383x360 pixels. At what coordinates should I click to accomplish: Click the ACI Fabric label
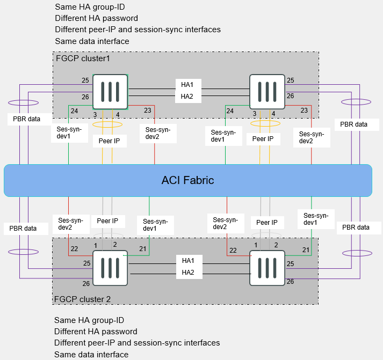pyautogui.click(x=187, y=180)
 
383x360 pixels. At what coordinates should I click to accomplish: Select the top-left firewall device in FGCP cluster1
pyautogui.click(x=110, y=92)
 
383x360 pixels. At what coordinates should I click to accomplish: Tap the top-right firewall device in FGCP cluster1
pyautogui.click(x=267, y=92)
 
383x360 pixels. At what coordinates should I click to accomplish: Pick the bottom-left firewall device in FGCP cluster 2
pyautogui.click(x=110, y=268)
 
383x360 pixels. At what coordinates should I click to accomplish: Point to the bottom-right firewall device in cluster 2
pyautogui.click(x=267, y=268)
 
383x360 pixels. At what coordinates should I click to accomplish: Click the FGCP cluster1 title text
pyautogui.click(x=83, y=58)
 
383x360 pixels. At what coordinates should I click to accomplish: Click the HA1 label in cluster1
pyautogui.click(x=187, y=84)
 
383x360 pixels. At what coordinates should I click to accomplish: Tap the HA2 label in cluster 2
pyautogui.click(x=188, y=273)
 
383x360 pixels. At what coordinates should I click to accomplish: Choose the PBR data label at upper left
pyautogui.click(x=30, y=118)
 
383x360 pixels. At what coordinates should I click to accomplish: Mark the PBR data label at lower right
pyautogui.click(x=356, y=227)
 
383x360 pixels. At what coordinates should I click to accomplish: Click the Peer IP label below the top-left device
pyautogui.click(x=110, y=141)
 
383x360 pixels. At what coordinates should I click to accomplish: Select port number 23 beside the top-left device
pyautogui.click(x=148, y=110)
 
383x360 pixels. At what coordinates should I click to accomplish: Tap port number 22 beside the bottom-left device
pyautogui.click(x=74, y=248)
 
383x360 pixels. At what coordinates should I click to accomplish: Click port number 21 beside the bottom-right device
pyautogui.click(x=306, y=250)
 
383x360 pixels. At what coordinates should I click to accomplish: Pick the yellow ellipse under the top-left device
pyautogui.click(x=108, y=124)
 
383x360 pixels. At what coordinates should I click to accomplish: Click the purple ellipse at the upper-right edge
pyautogui.click(x=356, y=101)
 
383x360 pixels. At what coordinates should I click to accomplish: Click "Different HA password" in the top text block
pyautogui.click(x=96, y=18)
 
